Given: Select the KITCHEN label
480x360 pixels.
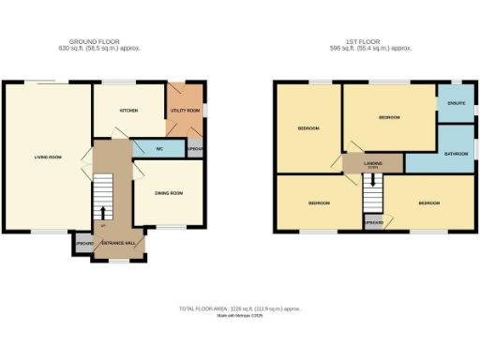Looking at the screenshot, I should click(128, 111).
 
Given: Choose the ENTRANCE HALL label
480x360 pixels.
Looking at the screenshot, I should click(117, 243).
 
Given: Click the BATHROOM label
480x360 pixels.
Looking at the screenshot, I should click(456, 152).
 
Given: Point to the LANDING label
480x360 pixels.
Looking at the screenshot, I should click(373, 163).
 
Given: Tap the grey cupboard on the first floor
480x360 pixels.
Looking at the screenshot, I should click(373, 222).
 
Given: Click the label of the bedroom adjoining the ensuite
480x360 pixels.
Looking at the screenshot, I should click(389, 118).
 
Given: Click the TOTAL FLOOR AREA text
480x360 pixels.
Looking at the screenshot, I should click(240, 308).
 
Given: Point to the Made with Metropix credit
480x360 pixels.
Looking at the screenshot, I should click(240, 316).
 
